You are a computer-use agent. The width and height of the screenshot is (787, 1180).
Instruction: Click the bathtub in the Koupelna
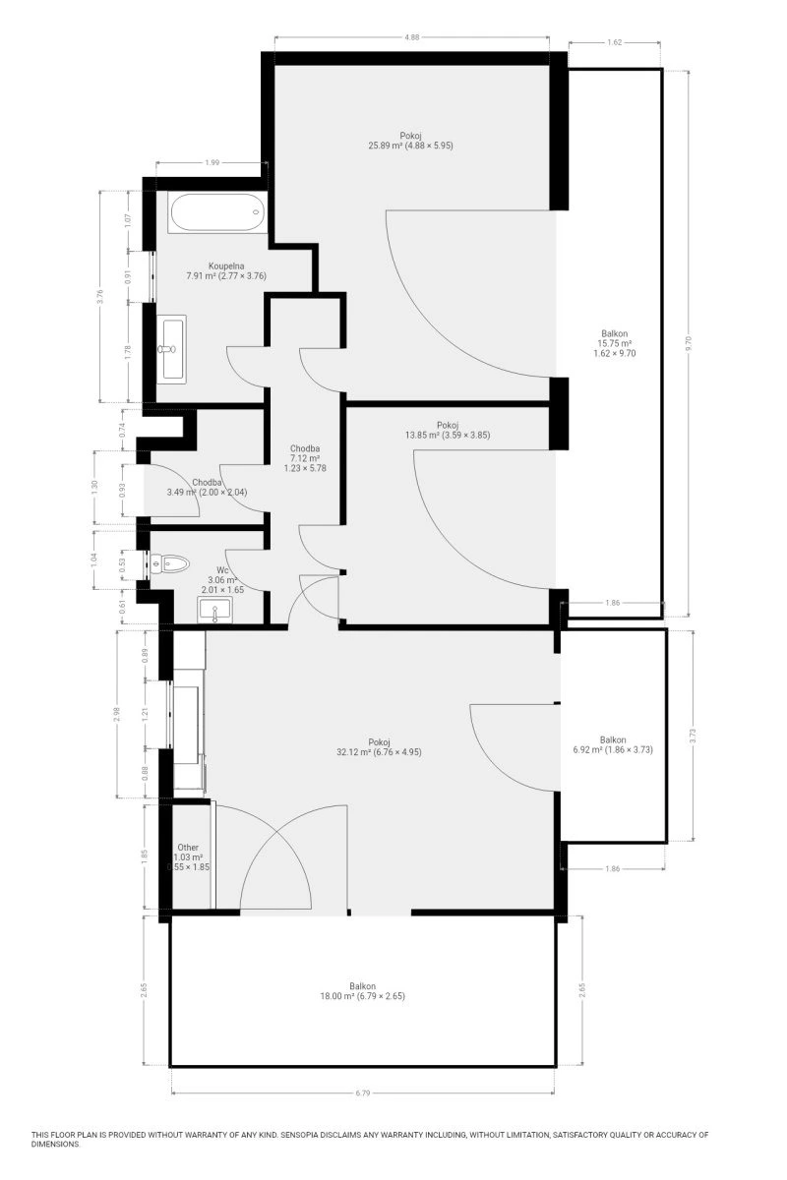click(216, 212)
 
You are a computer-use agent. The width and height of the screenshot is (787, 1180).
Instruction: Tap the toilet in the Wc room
click(169, 564)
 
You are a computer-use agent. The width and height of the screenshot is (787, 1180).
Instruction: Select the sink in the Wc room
click(214, 610)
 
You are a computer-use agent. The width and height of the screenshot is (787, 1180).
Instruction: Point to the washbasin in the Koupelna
click(172, 349)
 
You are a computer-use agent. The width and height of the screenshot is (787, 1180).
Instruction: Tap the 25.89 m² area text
click(386, 146)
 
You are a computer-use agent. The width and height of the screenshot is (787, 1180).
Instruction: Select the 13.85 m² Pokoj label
click(447, 430)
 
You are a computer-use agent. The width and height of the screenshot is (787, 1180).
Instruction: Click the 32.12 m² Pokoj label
click(379, 747)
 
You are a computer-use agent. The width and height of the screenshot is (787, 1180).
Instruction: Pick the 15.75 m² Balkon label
click(614, 343)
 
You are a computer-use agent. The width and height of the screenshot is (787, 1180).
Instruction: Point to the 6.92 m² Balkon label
click(613, 744)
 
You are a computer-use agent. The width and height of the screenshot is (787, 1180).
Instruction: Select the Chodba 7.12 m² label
click(305, 458)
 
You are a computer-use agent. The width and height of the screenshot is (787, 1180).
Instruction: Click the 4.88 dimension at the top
click(411, 37)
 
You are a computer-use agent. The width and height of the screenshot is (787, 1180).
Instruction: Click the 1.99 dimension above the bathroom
click(212, 163)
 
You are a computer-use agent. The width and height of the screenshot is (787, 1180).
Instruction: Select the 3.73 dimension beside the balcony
click(693, 736)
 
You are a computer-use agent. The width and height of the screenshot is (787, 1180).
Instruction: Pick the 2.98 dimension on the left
click(117, 714)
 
